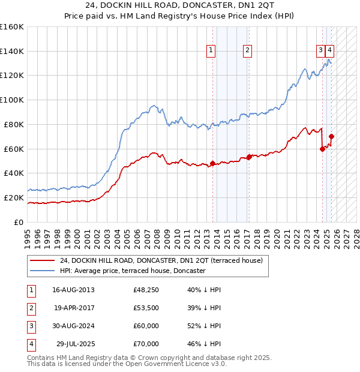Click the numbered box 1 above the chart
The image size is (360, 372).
click(212, 51)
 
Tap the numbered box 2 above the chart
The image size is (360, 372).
click(247, 51)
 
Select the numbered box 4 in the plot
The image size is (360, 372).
click(331, 51)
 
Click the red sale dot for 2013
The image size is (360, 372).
click(212, 163)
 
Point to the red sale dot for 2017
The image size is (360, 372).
click(249, 157)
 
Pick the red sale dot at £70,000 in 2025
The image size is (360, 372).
click(331, 136)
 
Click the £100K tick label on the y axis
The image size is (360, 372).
click(12, 100)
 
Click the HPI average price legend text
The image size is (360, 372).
click(133, 271)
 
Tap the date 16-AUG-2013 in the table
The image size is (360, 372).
click(73, 290)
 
